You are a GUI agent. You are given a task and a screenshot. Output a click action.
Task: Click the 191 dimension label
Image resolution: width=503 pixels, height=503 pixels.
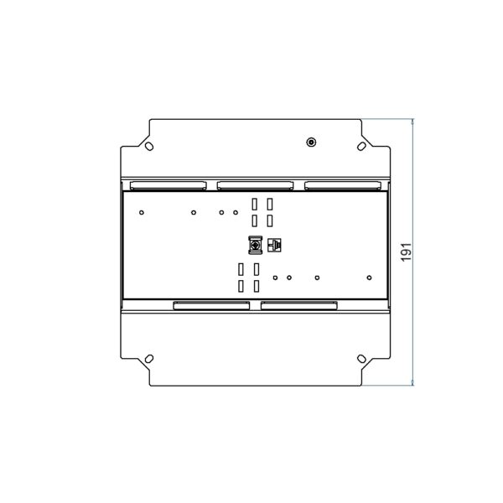pyautogui.click(x=406, y=251)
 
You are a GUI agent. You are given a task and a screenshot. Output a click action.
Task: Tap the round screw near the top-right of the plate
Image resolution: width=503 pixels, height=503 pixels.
pyautogui.click(x=311, y=143)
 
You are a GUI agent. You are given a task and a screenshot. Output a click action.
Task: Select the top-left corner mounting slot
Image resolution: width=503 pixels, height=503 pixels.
pyautogui.click(x=149, y=146)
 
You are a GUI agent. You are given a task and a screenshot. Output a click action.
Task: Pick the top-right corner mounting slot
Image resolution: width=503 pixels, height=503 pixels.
pyautogui.click(x=361, y=146)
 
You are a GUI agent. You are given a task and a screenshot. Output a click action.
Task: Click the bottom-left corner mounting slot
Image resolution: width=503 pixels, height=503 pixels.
pyautogui.click(x=149, y=358)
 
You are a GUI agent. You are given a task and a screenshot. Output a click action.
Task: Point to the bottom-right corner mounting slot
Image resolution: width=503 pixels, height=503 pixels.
pyautogui.click(x=361, y=358)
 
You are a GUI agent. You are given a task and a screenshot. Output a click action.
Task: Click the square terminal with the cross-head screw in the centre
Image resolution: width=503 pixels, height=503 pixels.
pyautogui.click(x=256, y=246)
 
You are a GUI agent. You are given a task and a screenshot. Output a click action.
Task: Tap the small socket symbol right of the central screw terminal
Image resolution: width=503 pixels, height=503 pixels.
pyautogui.click(x=274, y=245)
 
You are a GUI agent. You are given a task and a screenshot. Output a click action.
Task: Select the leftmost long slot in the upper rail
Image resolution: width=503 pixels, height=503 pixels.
pyautogui.click(x=169, y=185)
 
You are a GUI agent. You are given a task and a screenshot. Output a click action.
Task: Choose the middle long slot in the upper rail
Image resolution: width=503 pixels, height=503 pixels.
pyautogui.click(x=256, y=185)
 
